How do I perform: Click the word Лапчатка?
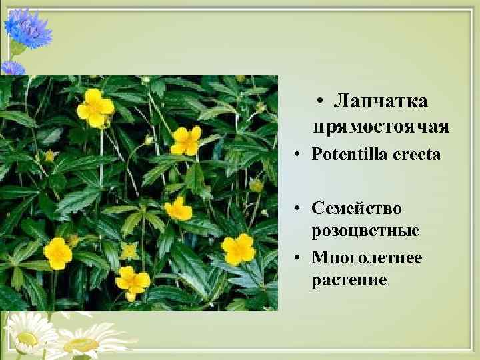381,101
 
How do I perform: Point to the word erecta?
417,155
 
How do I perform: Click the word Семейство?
357,209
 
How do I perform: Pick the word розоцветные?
365,231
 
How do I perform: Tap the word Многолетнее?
367,257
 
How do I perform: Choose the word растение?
349,279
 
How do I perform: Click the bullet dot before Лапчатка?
321,102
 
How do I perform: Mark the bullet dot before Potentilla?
301,155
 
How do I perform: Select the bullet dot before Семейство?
301,209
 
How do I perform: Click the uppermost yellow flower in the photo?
95,107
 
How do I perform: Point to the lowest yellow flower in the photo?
132,281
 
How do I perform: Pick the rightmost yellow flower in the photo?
238,249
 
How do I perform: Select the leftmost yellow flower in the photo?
58,253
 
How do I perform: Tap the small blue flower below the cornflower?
11,67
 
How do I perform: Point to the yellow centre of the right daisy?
81,345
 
